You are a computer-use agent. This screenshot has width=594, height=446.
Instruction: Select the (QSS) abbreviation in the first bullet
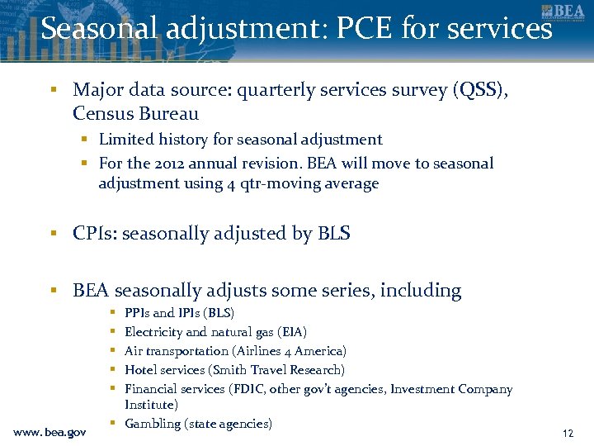click(476, 89)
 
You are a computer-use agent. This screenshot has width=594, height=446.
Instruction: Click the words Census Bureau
click(135, 113)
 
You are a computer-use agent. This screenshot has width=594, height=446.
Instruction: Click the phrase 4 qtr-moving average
click(302, 183)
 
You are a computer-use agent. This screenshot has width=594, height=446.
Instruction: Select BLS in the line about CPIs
click(333, 234)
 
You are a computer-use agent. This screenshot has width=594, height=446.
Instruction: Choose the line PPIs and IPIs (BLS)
click(179, 313)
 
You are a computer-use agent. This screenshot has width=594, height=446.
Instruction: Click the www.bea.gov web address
click(49, 431)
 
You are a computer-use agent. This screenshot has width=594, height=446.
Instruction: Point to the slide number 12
click(568, 432)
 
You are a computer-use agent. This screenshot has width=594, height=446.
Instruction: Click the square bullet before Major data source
click(52, 89)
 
